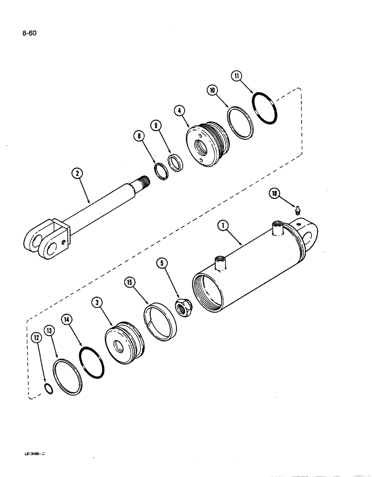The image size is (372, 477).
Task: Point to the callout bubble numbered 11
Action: click(x=238, y=75)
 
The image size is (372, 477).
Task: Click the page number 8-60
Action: click(x=29, y=33)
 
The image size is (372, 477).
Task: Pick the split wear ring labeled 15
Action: click(x=160, y=318)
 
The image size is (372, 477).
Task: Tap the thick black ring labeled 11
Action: click(x=265, y=110)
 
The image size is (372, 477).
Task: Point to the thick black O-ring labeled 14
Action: click(x=92, y=362)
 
